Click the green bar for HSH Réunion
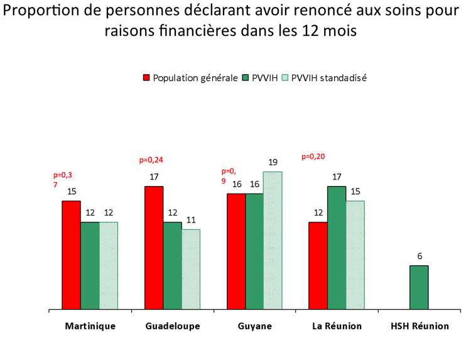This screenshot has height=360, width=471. [420, 288]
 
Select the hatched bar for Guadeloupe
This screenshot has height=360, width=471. [191, 270]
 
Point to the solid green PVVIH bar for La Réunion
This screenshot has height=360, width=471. [337, 248]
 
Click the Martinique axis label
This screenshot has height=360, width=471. [90, 327]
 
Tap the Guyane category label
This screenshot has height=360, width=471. [255, 327]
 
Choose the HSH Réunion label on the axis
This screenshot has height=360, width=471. [420, 327]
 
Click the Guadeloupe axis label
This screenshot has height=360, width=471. [173, 327]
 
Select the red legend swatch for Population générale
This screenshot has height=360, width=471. [146, 78]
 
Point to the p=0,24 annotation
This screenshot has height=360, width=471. [151, 160]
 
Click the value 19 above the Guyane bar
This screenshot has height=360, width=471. [273, 162]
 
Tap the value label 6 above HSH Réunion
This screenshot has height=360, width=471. [420, 256]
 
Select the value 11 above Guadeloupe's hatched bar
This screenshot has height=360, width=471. [191, 220]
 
